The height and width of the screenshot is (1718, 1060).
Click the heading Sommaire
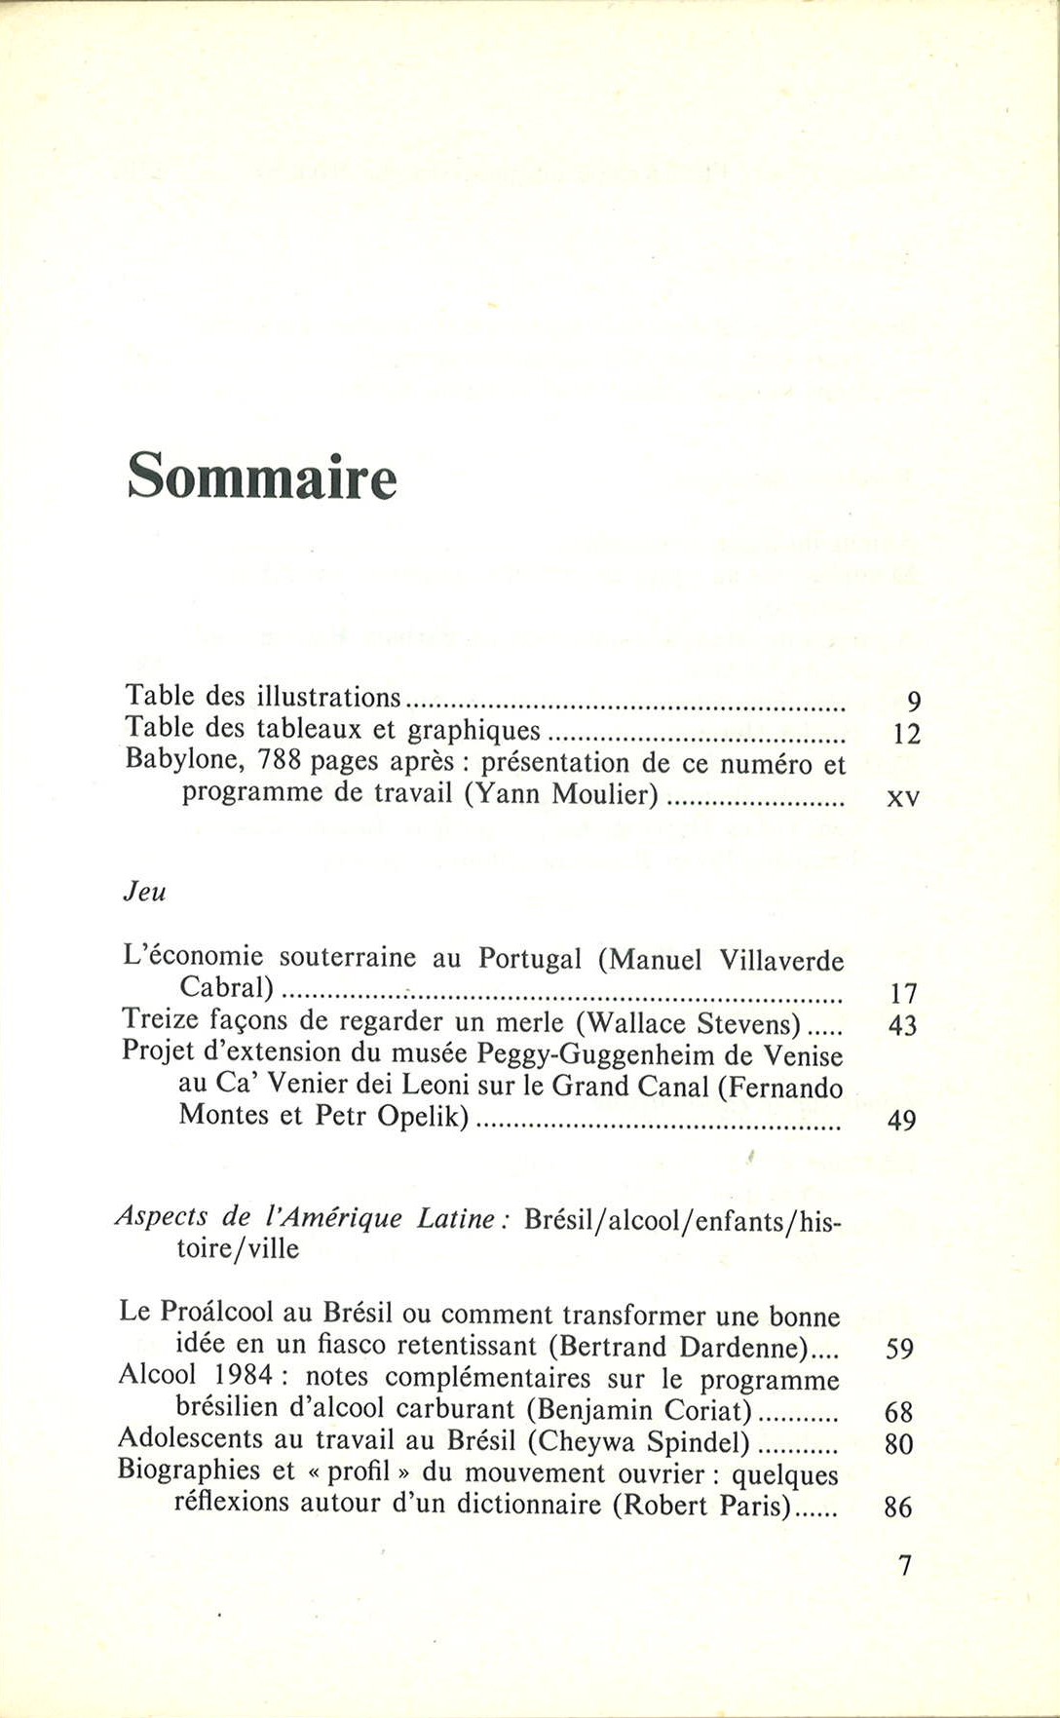[262, 477]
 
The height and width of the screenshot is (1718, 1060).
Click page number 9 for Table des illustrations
[913, 702]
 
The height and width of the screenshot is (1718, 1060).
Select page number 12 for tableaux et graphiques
[906, 734]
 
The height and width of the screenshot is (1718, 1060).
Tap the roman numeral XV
[903, 798]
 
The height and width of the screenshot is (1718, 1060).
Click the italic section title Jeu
[144, 892]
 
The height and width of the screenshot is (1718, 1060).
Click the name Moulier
[605, 794]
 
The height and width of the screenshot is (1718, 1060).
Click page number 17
[903, 994]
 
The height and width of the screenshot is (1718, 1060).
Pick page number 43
[902, 1026]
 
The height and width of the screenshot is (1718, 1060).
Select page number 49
[901, 1121]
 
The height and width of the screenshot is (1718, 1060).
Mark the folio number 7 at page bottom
[904, 1566]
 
